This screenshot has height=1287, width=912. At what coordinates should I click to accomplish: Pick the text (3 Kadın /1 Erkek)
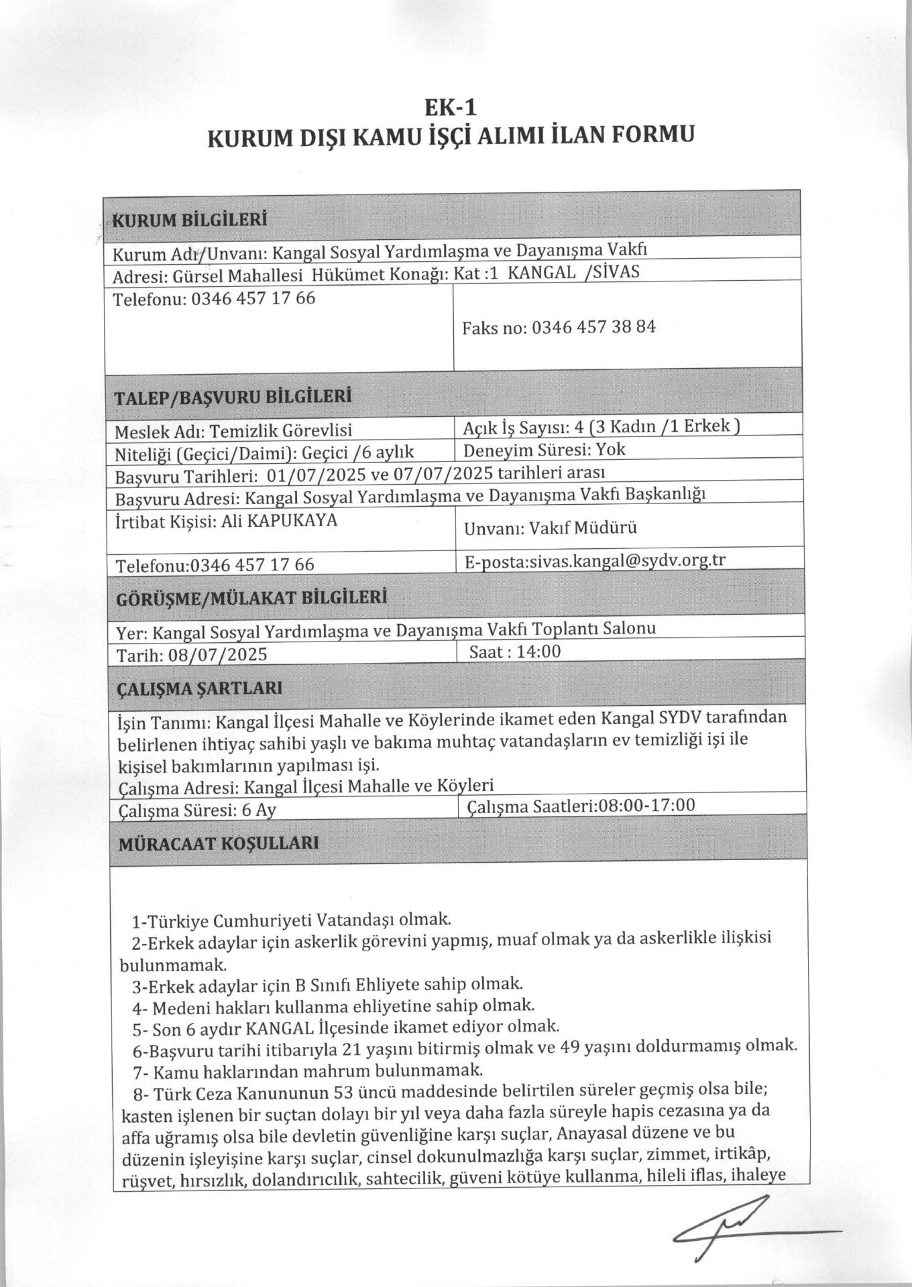point(662,426)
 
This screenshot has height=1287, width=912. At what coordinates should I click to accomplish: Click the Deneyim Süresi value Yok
point(611,449)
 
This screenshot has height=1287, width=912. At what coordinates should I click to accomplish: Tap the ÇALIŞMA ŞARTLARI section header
point(200,688)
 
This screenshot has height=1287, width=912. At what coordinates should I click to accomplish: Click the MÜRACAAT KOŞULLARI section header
point(219,843)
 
